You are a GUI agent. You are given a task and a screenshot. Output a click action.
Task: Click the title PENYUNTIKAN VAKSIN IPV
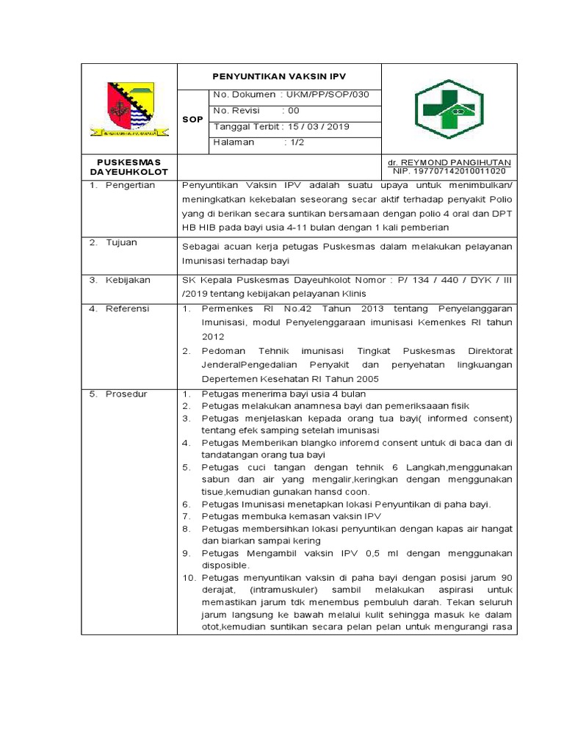pyautogui.click(x=278, y=76)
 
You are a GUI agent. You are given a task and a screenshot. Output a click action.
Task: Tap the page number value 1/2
pyautogui.click(x=297, y=142)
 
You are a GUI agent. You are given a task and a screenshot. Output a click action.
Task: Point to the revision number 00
pyautogui.click(x=294, y=110)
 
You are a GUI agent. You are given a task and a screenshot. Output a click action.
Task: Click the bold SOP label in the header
pyautogui.click(x=192, y=119)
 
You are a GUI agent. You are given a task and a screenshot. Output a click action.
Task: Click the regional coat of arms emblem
pyautogui.click(x=130, y=109)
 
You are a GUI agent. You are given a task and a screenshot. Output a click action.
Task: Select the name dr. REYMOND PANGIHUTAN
pyautogui.click(x=449, y=162)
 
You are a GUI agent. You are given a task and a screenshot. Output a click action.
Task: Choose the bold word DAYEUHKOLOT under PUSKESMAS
pyautogui.click(x=129, y=172)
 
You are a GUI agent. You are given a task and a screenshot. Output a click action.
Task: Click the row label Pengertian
pyautogui.click(x=130, y=185)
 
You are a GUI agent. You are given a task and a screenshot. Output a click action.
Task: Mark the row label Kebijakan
pyautogui.click(x=128, y=280)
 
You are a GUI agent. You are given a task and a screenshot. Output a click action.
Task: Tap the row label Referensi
pyautogui.click(x=127, y=308)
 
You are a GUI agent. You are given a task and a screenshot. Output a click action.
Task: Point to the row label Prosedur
pyautogui.click(x=126, y=394)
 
